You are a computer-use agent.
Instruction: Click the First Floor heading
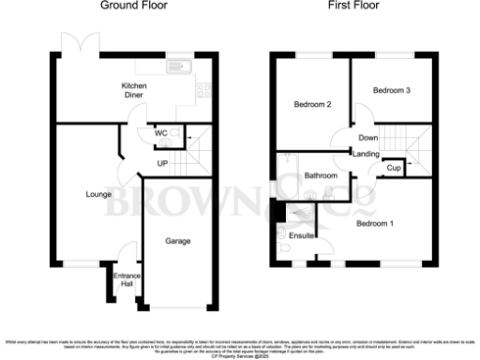pos(352,6)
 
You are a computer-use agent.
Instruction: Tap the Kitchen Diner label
pos(135,91)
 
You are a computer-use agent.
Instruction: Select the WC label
pos(162,133)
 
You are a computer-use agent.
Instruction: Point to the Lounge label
pos(97,195)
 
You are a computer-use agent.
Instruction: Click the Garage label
pos(178,241)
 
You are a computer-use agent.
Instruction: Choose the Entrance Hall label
pos(126,279)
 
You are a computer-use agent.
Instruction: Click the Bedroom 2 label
pos(310,103)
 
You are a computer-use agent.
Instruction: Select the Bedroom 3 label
pos(391,91)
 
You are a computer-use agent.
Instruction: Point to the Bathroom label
pos(321,175)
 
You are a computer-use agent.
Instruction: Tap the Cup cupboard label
pos(395,167)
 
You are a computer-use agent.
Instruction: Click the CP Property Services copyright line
pos(240,356)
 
